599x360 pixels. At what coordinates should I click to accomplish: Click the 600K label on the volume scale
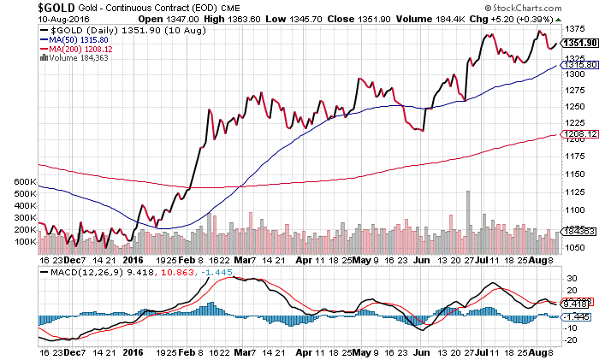17,182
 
